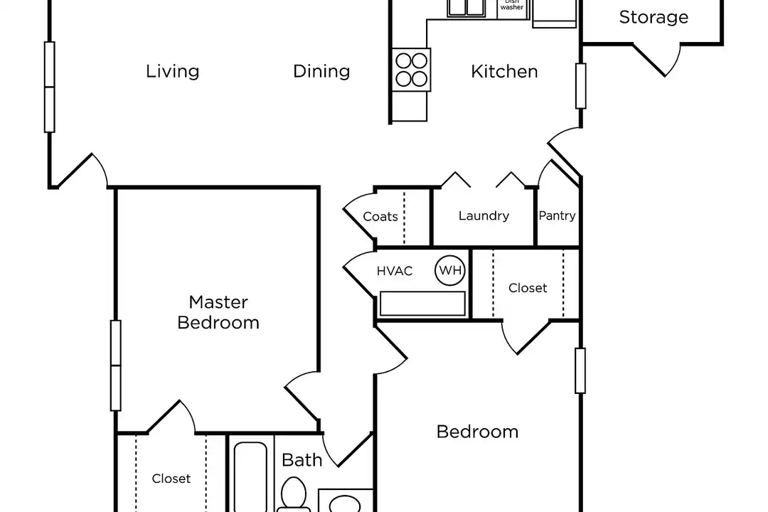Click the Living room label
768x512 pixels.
(172, 72)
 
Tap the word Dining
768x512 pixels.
(321, 72)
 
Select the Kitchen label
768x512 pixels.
(504, 72)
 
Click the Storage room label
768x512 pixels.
(654, 17)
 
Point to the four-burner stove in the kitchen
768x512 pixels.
(412, 70)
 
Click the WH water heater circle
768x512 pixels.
(450, 270)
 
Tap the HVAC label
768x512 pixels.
(394, 271)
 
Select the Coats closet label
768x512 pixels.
(380, 217)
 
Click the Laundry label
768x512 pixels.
(484, 216)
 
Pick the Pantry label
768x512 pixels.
(557, 216)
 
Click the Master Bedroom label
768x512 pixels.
(218, 312)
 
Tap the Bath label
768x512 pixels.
(302, 460)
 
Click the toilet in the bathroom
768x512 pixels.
(294, 495)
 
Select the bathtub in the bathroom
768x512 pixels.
(250, 477)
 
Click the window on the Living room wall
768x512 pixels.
(50, 87)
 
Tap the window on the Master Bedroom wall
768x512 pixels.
(116, 366)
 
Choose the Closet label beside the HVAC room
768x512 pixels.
(528, 288)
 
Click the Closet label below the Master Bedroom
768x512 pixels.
(171, 479)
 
